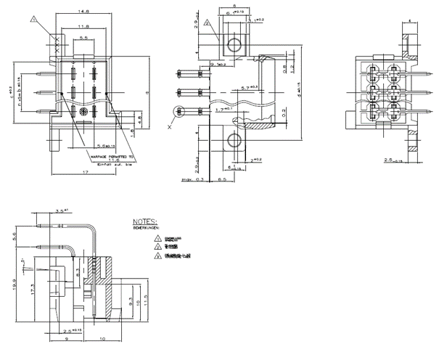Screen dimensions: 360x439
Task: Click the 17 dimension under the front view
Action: click(x=85, y=172)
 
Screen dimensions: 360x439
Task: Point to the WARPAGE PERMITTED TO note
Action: click(x=108, y=156)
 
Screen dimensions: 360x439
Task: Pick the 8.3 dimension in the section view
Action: click(x=78, y=274)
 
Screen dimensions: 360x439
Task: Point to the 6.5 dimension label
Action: click(x=224, y=177)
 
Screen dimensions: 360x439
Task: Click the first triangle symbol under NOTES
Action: click(x=157, y=238)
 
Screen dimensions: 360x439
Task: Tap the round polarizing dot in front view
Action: click(x=83, y=112)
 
